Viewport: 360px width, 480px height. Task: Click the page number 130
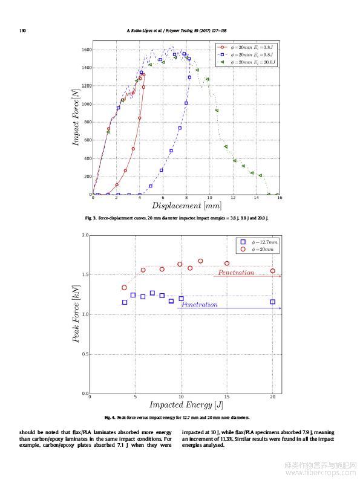(22, 31)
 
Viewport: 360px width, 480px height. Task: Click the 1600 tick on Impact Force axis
(87, 50)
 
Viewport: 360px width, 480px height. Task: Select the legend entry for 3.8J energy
(245, 47)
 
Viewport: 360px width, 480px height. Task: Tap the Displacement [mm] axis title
(186, 206)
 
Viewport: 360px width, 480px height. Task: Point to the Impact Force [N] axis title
(76, 117)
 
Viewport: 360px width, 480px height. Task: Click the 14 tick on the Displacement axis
(257, 198)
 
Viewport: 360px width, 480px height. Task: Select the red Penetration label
(236, 273)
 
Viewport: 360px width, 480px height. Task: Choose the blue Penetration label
(200, 305)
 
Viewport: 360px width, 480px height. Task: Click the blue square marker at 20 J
(273, 302)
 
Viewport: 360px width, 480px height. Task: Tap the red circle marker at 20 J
(273, 271)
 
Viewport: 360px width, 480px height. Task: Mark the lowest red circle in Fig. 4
(124, 287)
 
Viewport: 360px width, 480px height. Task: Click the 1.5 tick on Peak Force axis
(85, 275)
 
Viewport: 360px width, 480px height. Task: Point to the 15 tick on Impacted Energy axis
(227, 397)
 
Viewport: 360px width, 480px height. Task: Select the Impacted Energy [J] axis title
(186, 404)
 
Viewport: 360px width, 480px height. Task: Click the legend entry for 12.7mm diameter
(259, 242)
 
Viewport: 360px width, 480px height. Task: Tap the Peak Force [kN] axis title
(76, 314)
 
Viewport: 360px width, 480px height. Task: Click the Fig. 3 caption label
(91, 218)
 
